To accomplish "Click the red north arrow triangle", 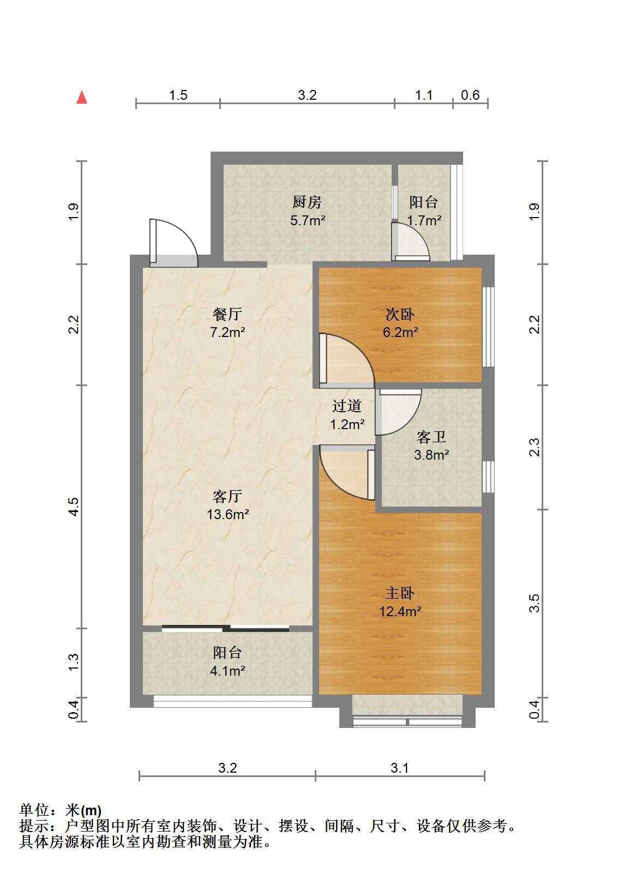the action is coord(82,97).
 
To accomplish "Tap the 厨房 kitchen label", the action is coord(307,202).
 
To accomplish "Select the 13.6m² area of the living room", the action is coord(228,514).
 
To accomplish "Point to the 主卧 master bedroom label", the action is coord(399,593).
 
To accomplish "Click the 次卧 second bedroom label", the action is coord(400,314).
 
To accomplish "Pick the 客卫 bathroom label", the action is coord(431,437).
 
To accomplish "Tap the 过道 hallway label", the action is coord(347,406).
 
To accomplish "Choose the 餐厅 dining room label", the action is coord(227,314).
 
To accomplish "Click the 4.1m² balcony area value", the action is coord(227,671).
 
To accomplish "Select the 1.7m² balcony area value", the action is coord(424,220).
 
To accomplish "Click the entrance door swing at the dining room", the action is coord(173,243).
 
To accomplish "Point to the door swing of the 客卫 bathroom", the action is coord(398,412).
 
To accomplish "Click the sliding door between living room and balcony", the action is coord(226,628).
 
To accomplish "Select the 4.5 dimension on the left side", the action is coord(74,507).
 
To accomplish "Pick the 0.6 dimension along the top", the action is coord(470,95).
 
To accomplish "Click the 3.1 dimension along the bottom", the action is coord(399,768).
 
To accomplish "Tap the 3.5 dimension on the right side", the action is coord(535,603).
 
